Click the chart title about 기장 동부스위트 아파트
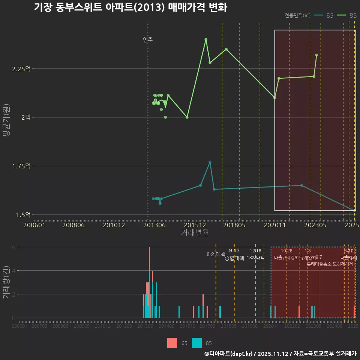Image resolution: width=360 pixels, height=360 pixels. pos(130,7)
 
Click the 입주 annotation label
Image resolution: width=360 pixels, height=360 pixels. pos(148,40)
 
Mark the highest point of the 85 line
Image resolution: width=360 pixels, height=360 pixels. pos(206,39)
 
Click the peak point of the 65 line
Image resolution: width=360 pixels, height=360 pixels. pos(210,162)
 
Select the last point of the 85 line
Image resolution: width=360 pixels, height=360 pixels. pos(316,55)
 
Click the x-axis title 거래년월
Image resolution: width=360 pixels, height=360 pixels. pos(195,233)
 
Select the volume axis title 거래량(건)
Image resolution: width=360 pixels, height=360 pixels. pos(6,282)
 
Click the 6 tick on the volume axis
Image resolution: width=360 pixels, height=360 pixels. pos(14,247)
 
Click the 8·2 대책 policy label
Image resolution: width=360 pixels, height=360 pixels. pos(216,254)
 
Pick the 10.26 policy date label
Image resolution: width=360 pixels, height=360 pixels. pos(286,251)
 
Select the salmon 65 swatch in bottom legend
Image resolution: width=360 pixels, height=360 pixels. pos(172,343)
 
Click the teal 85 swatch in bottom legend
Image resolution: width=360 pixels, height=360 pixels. pos(197,343)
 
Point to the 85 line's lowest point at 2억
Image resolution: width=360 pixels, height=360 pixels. pos(187,117)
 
